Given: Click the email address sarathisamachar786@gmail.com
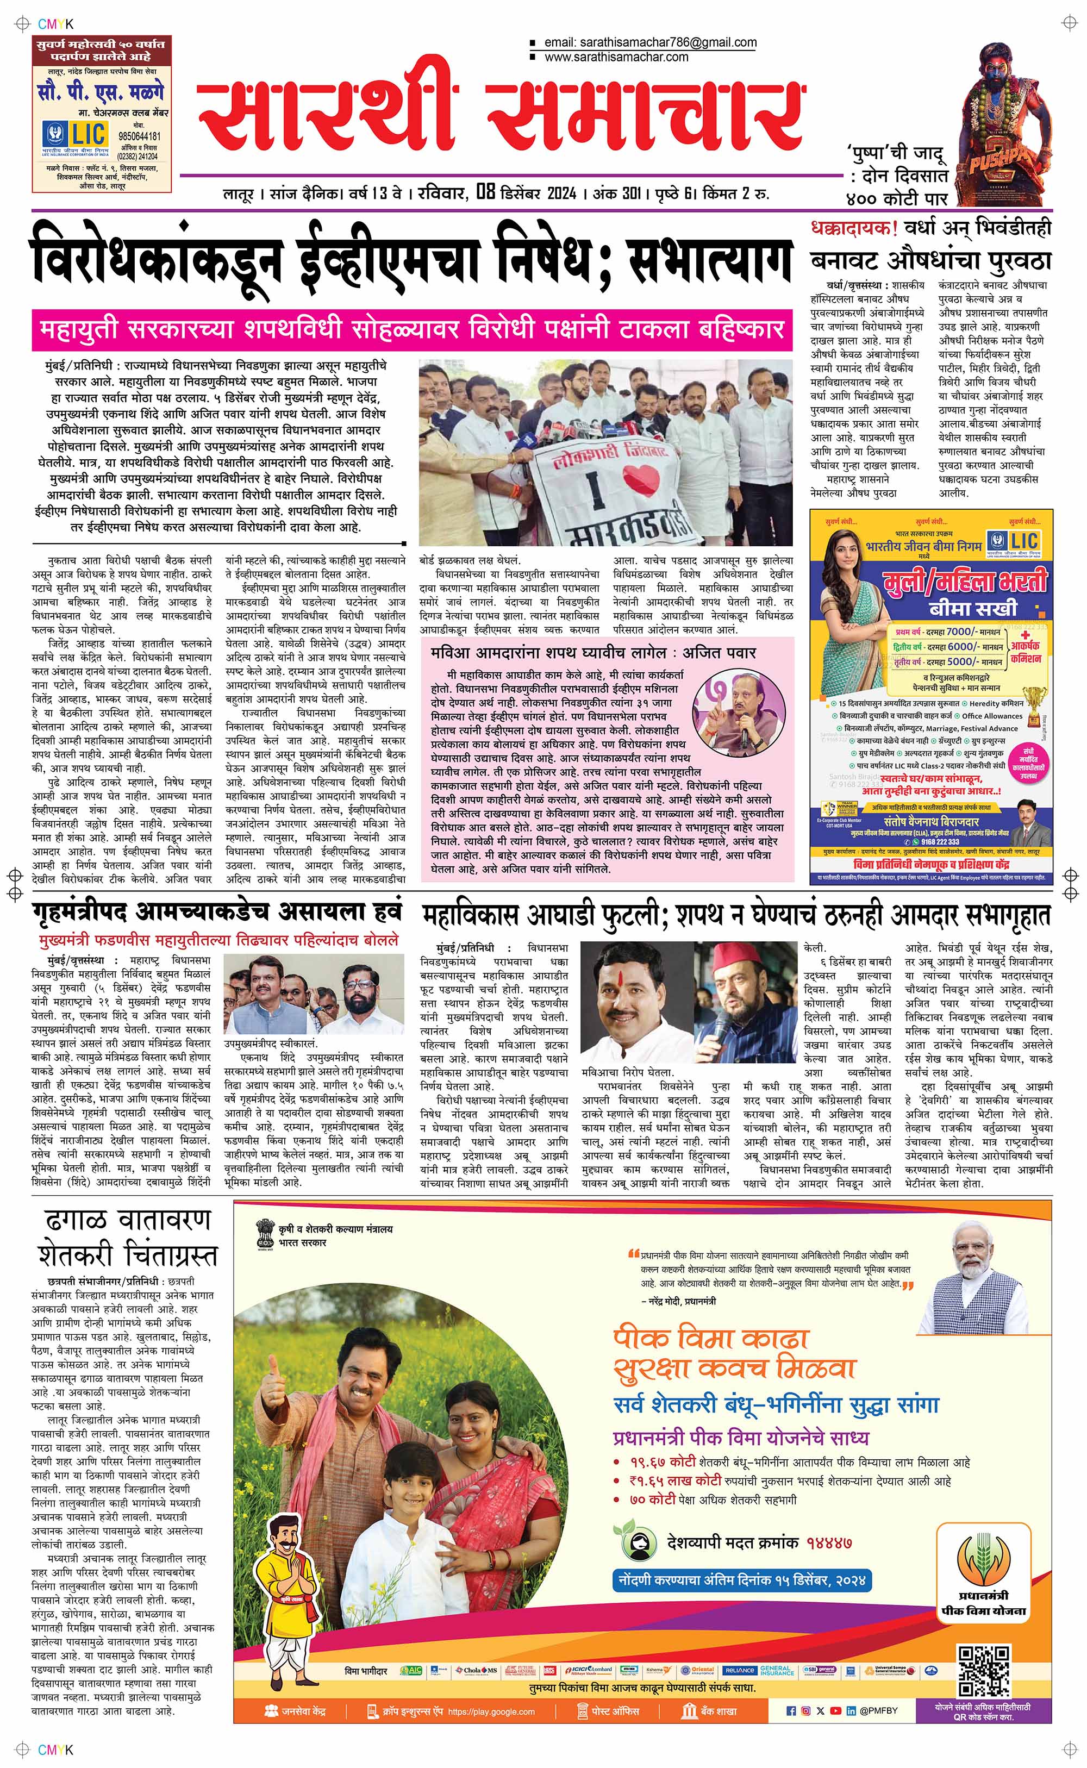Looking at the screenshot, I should pos(650,42).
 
